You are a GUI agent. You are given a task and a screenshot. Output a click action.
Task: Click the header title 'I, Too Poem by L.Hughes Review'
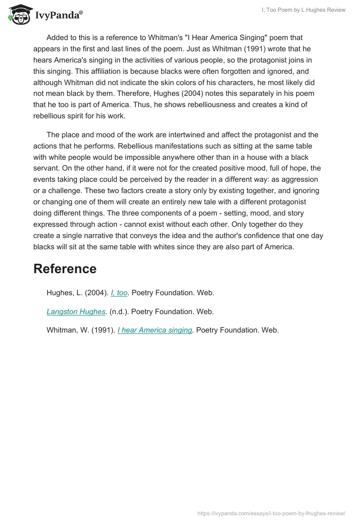302,10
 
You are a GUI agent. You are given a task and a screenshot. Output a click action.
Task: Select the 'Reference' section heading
65,269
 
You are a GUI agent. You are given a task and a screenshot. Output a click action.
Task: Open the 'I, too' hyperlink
119,293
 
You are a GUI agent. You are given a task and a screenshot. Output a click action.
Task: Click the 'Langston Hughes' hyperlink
76,311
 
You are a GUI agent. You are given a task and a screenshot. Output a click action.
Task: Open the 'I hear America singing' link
155,330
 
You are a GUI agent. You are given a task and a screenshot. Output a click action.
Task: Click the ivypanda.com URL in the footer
271,513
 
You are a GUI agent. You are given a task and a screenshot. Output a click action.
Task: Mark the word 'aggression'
300,180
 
